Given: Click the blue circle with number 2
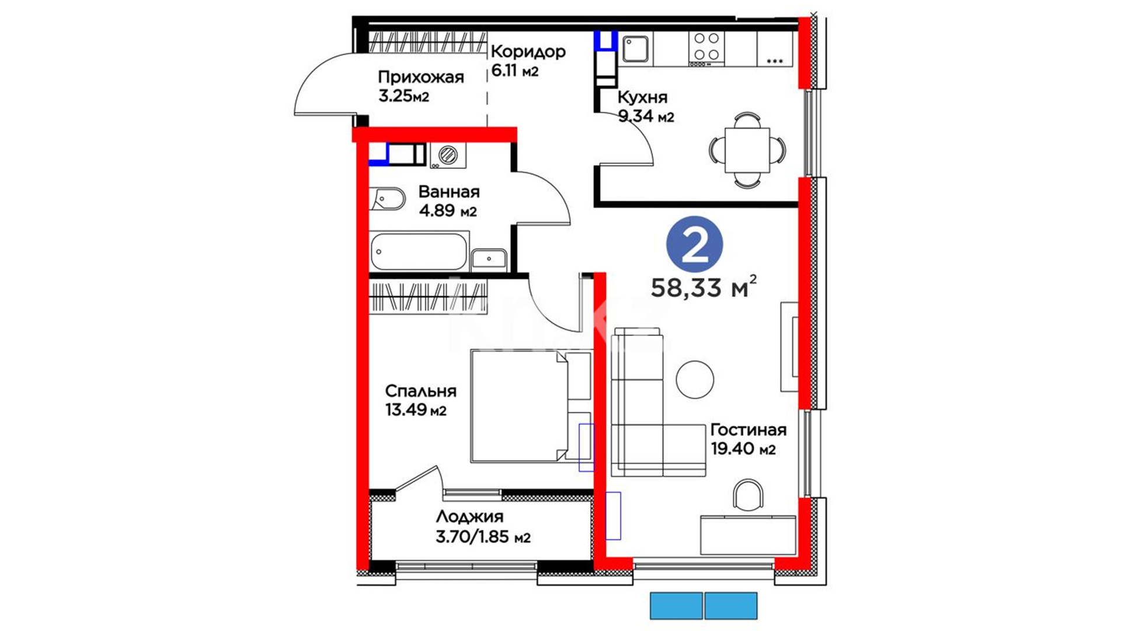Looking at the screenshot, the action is [x=695, y=244].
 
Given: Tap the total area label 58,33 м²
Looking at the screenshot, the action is [x=704, y=287].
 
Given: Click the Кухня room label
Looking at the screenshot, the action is [x=642, y=97].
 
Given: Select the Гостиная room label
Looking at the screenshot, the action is [x=749, y=430].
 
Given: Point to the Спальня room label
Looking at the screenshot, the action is [x=420, y=391].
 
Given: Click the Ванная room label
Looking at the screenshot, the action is [x=449, y=192].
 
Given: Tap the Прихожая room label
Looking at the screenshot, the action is [x=420, y=77].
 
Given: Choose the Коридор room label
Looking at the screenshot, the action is [x=528, y=52].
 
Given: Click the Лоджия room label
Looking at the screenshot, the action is [x=469, y=516].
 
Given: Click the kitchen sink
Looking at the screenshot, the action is [x=635, y=48].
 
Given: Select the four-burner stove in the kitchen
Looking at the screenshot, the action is [x=706, y=48].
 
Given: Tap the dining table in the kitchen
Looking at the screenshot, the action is [x=747, y=150].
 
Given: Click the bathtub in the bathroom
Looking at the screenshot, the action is [x=419, y=251].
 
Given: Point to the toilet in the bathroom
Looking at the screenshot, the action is [x=387, y=199].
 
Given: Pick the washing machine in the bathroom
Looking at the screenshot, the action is [x=448, y=155].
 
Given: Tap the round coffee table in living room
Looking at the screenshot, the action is [x=695, y=379].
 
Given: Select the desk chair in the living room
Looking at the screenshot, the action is [x=748, y=495].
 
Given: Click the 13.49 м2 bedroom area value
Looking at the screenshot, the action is [x=416, y=410].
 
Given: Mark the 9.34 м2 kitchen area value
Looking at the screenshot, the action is [x=646, y=117].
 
